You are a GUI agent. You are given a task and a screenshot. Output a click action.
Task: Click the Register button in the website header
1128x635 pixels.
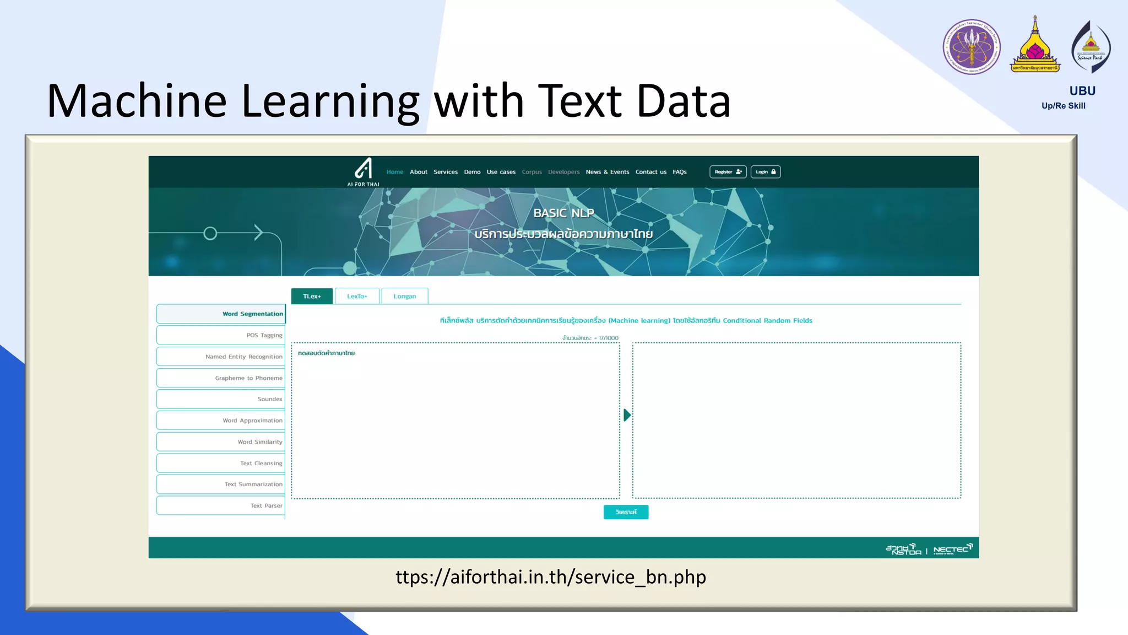pyautogui.click(x=728, y=172)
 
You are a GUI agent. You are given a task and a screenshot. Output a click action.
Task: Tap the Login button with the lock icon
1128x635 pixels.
pyautogui.click(x=765, y=172)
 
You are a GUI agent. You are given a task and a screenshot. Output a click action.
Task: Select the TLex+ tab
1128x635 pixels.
pyautogui.click(x=312, y=297)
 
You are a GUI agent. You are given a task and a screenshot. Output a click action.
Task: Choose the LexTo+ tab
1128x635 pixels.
pyautogui.click(x=357, y=297)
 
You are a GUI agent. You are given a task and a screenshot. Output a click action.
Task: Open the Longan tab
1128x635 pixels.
pyautogui.click(x=404, y=297)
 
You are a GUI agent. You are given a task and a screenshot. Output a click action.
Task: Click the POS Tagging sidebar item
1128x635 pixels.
pyautogui.click(x=221, y=335)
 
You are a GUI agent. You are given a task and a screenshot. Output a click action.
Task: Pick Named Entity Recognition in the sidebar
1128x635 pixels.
pyautogui.click(x=221, y=357)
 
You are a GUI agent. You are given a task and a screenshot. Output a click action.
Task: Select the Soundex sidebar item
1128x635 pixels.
pyautogui.click(x=221, y=399)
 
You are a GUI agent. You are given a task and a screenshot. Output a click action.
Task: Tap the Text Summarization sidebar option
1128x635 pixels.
pyautogui.click(x=221, y=485)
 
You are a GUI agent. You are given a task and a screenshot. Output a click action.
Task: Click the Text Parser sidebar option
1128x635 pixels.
pyautogui.click(x=221, y=505)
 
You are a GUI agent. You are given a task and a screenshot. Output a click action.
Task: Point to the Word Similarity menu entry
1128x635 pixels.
pyautogui.click(x=221, y=442)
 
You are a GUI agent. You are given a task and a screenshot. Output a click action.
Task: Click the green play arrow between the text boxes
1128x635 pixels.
pyautogui.click(x=627, y=415)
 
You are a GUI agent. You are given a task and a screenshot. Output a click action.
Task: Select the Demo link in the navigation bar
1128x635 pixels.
pyautogui.click(x=472, y=172)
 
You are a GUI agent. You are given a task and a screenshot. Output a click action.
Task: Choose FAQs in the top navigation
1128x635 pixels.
pyautogui.click(x=679, y=172)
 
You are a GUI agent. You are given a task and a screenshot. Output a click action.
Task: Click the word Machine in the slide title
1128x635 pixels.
pyautogui.click(x=137, y=101)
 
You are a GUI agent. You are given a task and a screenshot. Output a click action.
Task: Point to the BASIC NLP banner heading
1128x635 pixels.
pyautogui.click(x=563, y=213)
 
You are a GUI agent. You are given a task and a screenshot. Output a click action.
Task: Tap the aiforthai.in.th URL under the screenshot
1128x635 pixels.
pyautogui.click(x=551, y=577)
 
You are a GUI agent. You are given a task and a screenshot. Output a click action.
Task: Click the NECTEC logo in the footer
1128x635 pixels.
pyautogui.click(x=953, y=549)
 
